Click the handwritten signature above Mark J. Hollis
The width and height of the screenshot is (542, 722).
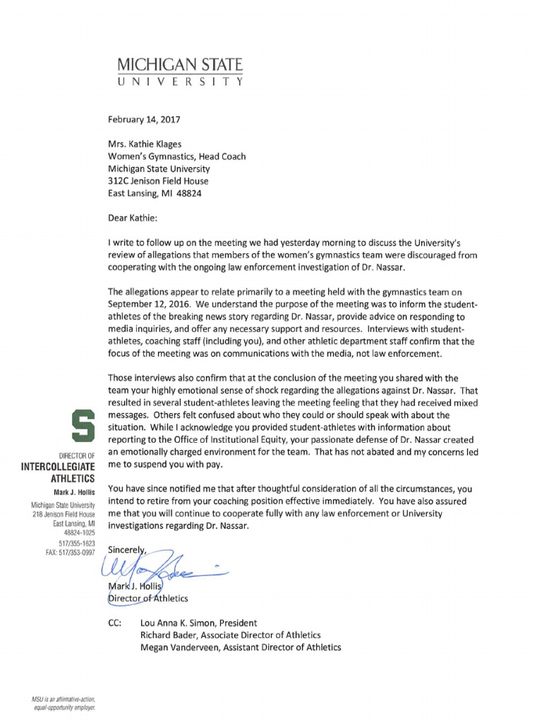162,563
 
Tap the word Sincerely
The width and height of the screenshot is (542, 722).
127,549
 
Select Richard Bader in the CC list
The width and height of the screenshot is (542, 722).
173,635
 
